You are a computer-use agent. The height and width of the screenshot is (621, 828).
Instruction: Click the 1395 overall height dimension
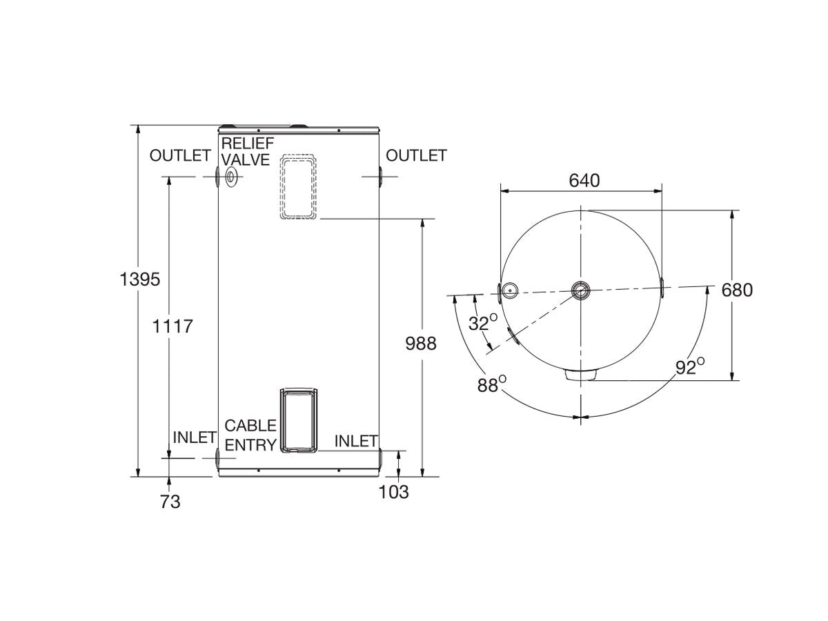140,279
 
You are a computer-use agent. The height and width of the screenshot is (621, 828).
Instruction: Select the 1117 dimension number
172,326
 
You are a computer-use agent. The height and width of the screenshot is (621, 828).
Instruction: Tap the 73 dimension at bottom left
170,502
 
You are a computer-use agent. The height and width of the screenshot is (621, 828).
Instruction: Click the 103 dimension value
393,492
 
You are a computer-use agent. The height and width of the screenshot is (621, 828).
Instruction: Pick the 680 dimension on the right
737,290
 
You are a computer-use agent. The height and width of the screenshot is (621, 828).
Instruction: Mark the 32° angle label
483,323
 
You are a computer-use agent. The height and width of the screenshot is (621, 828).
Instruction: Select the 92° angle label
689,367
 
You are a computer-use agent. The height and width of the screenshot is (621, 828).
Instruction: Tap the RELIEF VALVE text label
247,151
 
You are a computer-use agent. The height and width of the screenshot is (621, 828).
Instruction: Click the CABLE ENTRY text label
250,435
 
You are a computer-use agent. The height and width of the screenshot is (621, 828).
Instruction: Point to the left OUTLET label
179,156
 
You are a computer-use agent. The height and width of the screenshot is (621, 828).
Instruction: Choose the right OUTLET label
416,156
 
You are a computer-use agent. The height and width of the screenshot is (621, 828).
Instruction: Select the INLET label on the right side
356,441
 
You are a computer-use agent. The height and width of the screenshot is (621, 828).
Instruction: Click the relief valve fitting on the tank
231,178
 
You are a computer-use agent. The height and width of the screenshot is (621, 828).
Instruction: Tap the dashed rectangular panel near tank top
299,186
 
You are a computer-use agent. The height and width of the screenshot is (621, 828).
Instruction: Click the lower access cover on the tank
299,420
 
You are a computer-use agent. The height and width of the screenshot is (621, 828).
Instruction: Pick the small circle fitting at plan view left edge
510,291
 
